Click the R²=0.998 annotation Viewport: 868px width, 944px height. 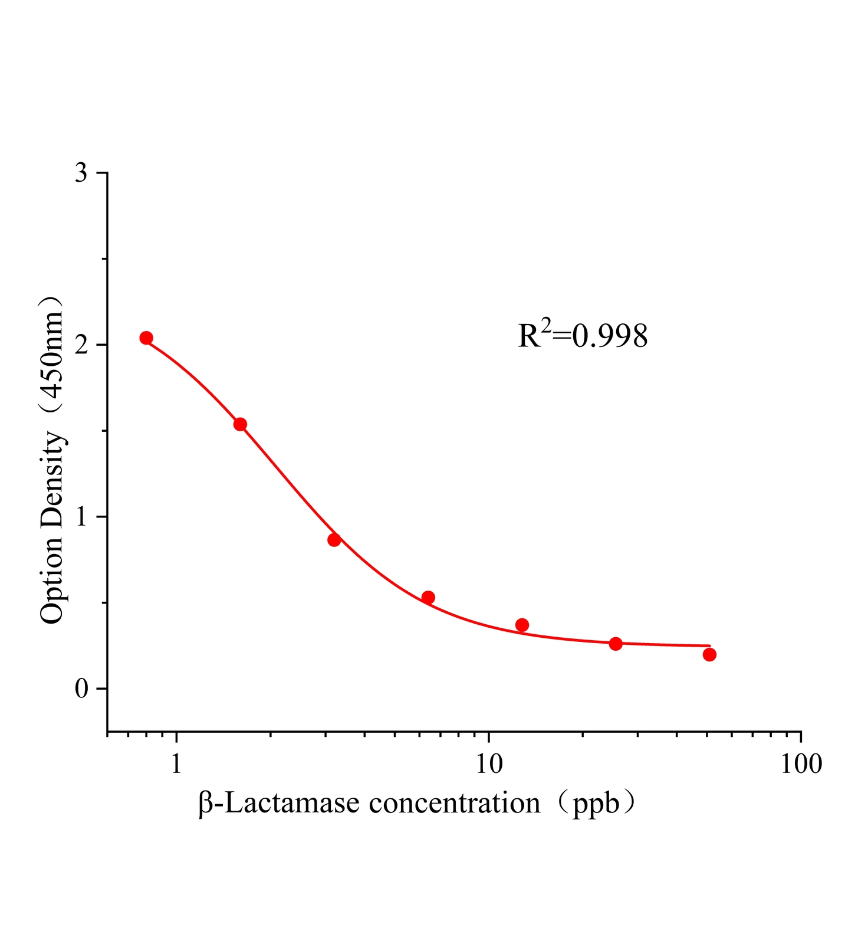(x=583, y=336)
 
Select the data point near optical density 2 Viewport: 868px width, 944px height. (x=146, y=337)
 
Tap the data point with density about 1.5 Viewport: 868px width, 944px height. (x=240, y=424)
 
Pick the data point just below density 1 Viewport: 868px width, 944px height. (x=334, y=539)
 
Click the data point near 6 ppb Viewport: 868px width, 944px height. (x=428, y=597)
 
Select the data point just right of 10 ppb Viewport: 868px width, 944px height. (x=522, y=625)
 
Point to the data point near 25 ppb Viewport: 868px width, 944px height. (x=616, y=643)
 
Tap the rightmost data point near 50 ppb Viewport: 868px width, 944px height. (x=709, y=654)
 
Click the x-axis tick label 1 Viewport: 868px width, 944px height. (x=176, y=764)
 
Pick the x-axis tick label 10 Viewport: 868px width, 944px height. (x=488, y=764)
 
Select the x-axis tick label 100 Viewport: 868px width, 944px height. (x=801, y=764)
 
